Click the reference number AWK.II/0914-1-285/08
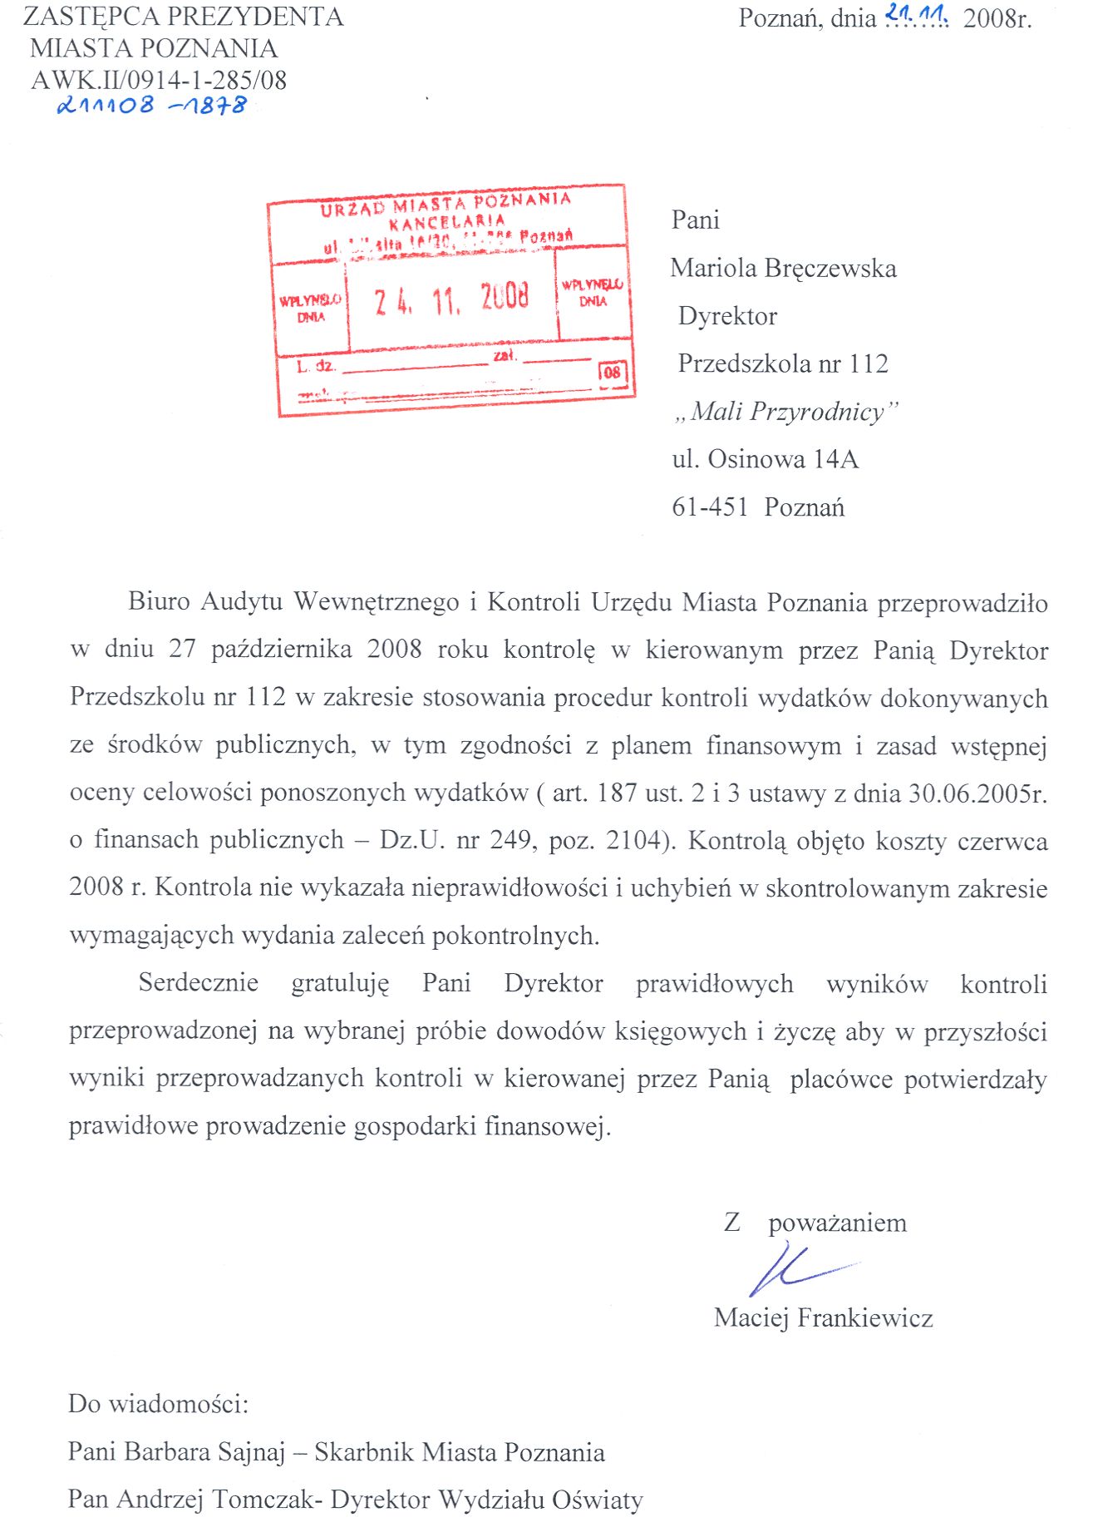(x=159, y=81)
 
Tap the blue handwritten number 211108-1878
(x=151, y=106)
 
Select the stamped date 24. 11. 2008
(x=451, y=297)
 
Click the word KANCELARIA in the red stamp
(x=447, y=222)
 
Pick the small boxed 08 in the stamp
(x=613, y=373)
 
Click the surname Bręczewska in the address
(x=831, y=269)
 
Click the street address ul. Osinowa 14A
(x=765, y=459)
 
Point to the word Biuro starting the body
(x=160, y=601)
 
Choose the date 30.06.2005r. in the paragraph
(x=977, y=793)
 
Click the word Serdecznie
(x=199, y=983)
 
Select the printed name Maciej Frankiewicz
(x=823, y=1318)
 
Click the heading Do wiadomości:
(x=159, y=1405)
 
